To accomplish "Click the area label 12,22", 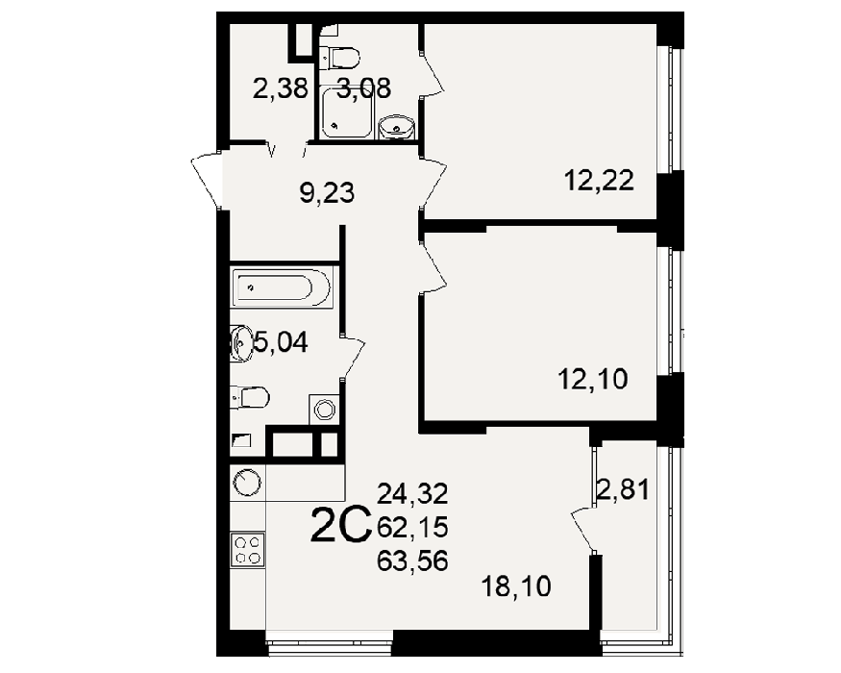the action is pos(599,181).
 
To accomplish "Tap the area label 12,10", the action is pos(593,380).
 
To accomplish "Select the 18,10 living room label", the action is pos(516,586).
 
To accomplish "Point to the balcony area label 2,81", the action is pos(623,489).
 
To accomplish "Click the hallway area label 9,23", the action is pos(327,192).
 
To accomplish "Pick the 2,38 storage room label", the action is pos(281,88).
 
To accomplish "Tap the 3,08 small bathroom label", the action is pos(364,88).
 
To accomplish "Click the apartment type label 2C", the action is pos(341,526).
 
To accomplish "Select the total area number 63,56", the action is pos(412,561).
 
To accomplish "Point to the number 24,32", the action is pos(412,493).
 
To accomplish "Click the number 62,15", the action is pos(412,528).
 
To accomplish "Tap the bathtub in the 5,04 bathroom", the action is pos(283,287).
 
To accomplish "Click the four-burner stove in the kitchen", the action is pos(248,549).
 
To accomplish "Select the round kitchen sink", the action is pos(247,483).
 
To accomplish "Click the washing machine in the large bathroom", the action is pos(324,410).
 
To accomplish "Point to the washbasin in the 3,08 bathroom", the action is pos(396,128).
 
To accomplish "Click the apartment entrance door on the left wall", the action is pos(207,181).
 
